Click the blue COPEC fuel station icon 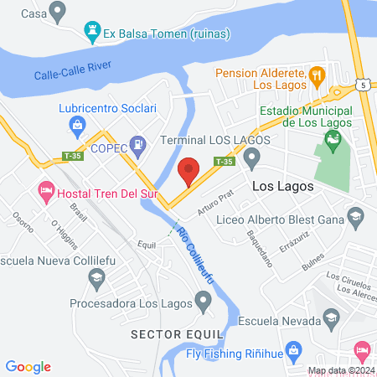coord(136,146)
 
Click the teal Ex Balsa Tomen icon coord(91,34)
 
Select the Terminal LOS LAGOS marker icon coord(250,156)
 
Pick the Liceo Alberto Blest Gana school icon coord(355,220)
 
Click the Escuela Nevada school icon coord(333,320)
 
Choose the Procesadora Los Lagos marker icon coord(202,299)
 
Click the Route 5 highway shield coord(362,85)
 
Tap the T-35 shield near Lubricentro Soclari coord(74,156)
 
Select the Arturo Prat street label coord(214,202)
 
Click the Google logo coord(28,366)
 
